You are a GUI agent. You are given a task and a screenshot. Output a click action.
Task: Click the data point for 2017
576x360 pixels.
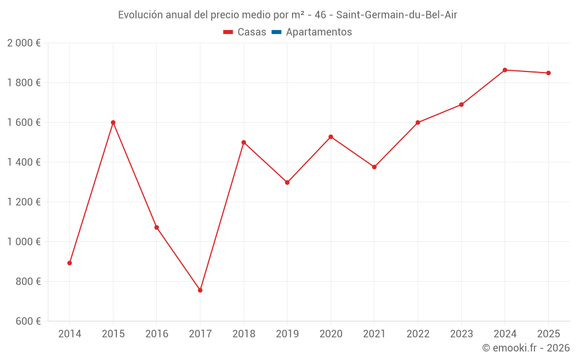click(x=200, y=290)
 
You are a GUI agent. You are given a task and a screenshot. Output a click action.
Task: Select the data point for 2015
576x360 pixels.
click(x=113, y=122)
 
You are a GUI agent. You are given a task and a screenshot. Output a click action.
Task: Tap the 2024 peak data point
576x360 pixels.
click(x=505, y=70)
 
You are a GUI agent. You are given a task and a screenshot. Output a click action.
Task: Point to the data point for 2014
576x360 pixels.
click(x=70, y=263)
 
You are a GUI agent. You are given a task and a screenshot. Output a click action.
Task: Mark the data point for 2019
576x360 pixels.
click(x=287, y=183)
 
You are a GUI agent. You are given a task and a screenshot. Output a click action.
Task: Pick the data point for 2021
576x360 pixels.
click(x=374, y=167)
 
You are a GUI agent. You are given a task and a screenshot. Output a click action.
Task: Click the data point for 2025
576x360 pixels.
click(x=548, y=73)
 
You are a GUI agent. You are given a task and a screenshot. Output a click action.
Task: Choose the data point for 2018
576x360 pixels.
click(x=244, y=142)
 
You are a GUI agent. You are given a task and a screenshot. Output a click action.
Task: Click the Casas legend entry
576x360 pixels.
click(x=245, y=32)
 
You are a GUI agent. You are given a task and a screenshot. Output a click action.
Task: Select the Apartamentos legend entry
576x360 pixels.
click(x=312, y=32)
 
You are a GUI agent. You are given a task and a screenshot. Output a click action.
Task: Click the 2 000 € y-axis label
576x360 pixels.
click(x=24, y=43)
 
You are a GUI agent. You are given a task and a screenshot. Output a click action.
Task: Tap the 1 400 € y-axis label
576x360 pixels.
click(x=24, y=162)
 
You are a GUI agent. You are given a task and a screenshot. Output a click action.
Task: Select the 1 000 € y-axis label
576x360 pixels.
click(x=24, y=242)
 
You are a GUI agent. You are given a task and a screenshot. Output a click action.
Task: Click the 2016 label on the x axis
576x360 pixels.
click(x=157, y=334)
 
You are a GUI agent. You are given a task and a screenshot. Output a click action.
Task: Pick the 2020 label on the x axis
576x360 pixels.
click(x=331, y=334)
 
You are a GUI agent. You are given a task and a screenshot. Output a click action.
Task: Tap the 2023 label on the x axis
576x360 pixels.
click(x=461, y=334)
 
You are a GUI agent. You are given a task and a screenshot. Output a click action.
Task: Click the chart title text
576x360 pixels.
click(x=287, y=15)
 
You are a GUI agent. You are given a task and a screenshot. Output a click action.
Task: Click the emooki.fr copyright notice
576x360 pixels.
click(x=525, y=348)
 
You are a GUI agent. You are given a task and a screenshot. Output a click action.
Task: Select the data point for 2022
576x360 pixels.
click(x=418, y=123)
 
